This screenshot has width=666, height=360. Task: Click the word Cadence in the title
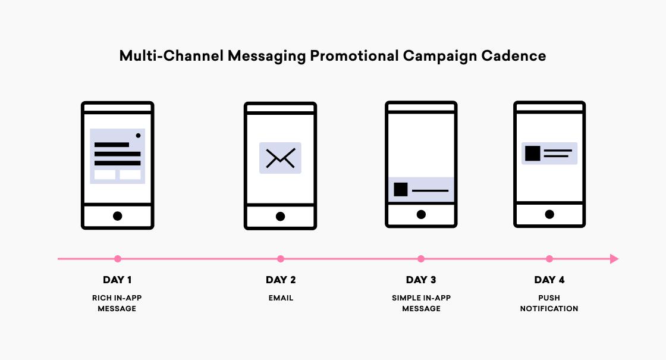click(514, 56)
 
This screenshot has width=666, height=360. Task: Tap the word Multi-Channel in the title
click(171, 56)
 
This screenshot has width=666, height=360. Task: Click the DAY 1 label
click(117, 280)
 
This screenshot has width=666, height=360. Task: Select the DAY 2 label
click(281, 280)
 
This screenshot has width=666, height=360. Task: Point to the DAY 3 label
click(421, 280)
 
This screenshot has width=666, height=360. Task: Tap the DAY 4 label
click(549, 280)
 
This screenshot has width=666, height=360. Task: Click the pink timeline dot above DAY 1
click(118, 259)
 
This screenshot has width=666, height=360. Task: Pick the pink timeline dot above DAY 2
click(280, 259)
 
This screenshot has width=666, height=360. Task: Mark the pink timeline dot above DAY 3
click(421, 259)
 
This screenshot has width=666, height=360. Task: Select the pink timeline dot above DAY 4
click(549, 259)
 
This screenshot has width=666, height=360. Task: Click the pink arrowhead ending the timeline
click(614, 259)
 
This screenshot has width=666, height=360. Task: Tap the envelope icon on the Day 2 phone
click(280, 158)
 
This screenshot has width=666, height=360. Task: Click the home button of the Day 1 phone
click(118, 216)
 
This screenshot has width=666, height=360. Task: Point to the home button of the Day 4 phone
click(549, 214)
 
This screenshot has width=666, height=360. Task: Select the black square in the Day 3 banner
click(401, 190)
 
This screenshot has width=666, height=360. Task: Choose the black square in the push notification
click(533, 154)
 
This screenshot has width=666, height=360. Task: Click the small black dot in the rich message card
click(138, 136)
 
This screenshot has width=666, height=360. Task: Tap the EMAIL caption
click(281, 298)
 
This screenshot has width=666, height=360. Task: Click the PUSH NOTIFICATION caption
click(549, 303)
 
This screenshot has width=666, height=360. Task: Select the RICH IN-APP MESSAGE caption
click(117, 303)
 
